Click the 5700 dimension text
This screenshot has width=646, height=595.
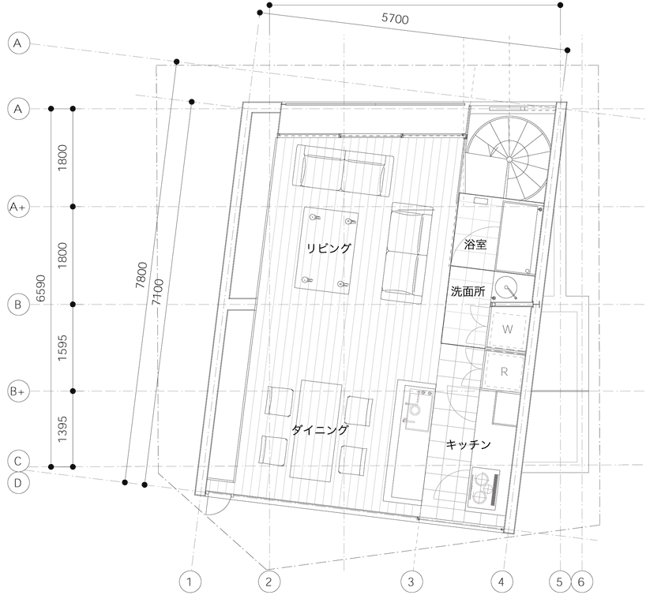tap(395, 18)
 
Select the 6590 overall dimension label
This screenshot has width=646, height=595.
tap(41, 288)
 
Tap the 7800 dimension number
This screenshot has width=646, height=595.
tap(141, 275)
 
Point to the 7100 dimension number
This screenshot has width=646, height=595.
tap(157, 292)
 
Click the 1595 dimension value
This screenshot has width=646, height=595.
tap(62, 348)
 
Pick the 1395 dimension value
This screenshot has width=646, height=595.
tap(62, 429)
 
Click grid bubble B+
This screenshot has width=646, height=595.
tap(17, 391)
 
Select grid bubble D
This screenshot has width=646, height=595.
tap(17, 483)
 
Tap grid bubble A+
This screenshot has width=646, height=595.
tap(17, 207)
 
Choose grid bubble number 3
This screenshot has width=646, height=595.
tap(411, 582)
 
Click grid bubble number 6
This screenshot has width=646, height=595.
tap(581, 582)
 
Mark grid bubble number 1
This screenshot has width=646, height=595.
tap(190, 582)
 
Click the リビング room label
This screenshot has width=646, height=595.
tap(329, 248)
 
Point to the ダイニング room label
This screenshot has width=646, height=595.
tap(320, 430)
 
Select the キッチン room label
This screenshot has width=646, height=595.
tap(468, 444)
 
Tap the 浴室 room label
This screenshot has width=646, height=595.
tap(475, 245)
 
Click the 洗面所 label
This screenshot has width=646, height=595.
tap(468, 291)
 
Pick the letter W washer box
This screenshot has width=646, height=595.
tap(507, 329)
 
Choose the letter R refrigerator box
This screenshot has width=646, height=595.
tap(504, 372)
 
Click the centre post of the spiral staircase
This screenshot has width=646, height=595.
tap(509, 159)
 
